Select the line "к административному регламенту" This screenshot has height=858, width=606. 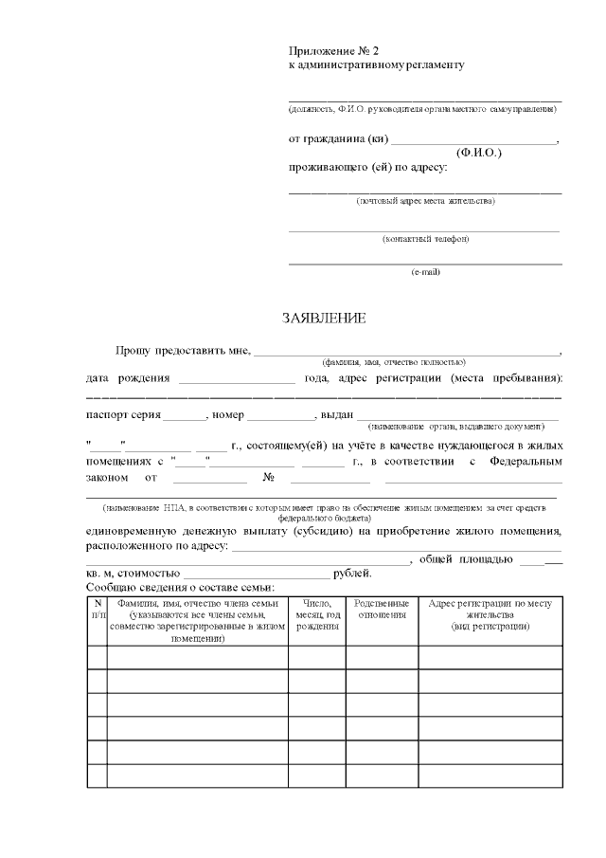(376, 65)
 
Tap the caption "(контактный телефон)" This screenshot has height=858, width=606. (425, 239)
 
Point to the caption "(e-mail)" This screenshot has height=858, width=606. (425, 272)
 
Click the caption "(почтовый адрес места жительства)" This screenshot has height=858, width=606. (425, 201)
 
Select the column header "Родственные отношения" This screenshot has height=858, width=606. (382, 609)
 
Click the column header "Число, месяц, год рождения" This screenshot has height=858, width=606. (316, 614)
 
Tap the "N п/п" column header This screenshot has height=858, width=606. (97, 609)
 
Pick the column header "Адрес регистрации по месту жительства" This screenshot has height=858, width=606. (490, 614)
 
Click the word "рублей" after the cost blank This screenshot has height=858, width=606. (352, 574)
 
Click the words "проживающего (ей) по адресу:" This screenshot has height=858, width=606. (367, 169)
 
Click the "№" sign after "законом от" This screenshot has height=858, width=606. (269, 479)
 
